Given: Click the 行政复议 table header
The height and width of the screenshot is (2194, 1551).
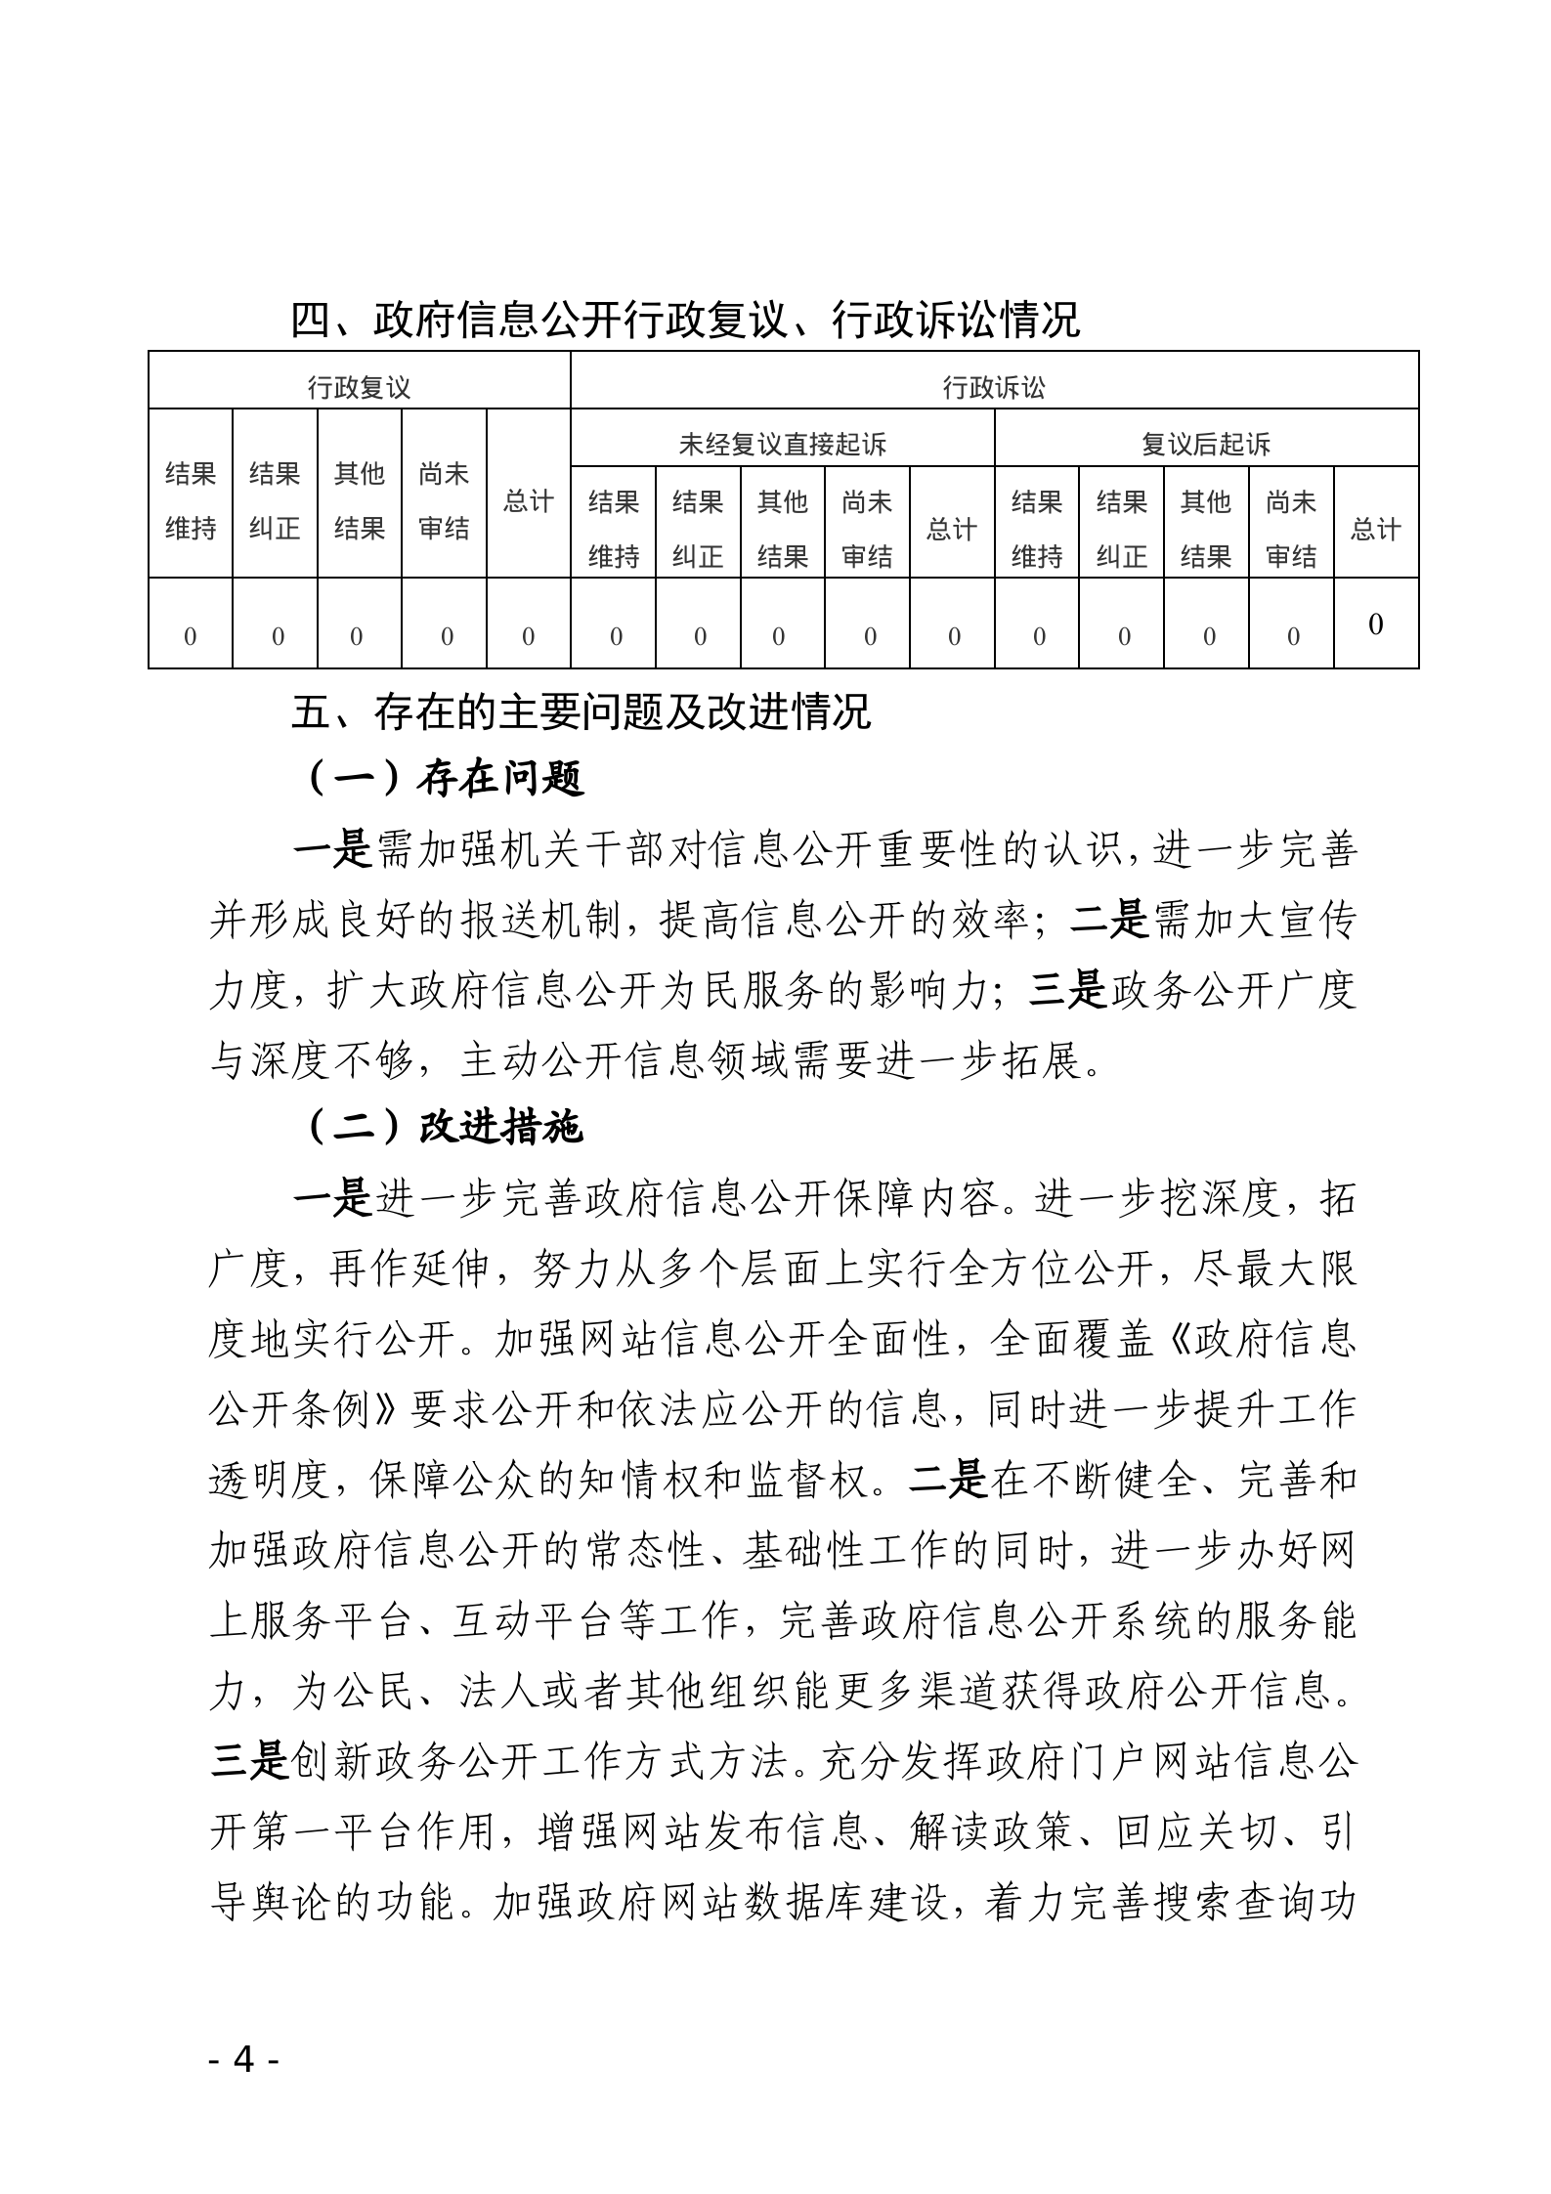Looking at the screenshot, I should click(x=359, y=387).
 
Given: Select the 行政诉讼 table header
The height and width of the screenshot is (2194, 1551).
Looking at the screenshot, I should click(x=994, y=387).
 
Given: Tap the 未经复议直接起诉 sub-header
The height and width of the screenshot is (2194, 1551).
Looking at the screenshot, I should click(x=782, y=445).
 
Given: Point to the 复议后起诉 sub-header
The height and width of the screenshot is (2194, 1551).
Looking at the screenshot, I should click(x=1206, y=445).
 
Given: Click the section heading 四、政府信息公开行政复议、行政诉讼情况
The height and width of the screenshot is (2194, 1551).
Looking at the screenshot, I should click(x=685, y=320).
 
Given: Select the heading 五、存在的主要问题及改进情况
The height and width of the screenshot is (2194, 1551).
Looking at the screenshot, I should click(x=581, y=711).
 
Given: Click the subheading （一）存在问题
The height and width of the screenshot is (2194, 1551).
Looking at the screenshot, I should click(x=445, y=779).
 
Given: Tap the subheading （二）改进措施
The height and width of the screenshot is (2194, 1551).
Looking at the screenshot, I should click(x=445, y=1127).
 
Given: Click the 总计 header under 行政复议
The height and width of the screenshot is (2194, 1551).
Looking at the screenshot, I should click(x=528, y=501).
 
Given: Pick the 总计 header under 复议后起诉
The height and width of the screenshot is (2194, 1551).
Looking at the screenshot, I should click(x=1375, y=529).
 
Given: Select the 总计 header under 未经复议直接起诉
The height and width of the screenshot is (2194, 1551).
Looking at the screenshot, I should click(x=951, y=529).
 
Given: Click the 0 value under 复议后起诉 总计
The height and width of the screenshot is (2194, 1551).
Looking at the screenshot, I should click(x=1375, y=624).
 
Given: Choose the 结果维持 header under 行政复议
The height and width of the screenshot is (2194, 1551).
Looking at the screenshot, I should click(x=190, y=501).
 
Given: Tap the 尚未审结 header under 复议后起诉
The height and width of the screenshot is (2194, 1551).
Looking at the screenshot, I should click(x=1290, y=529).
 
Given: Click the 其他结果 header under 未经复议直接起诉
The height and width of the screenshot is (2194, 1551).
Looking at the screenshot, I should click(x=782, y=529).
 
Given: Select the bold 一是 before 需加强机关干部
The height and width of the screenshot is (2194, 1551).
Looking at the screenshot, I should click(x=333, y=850).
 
